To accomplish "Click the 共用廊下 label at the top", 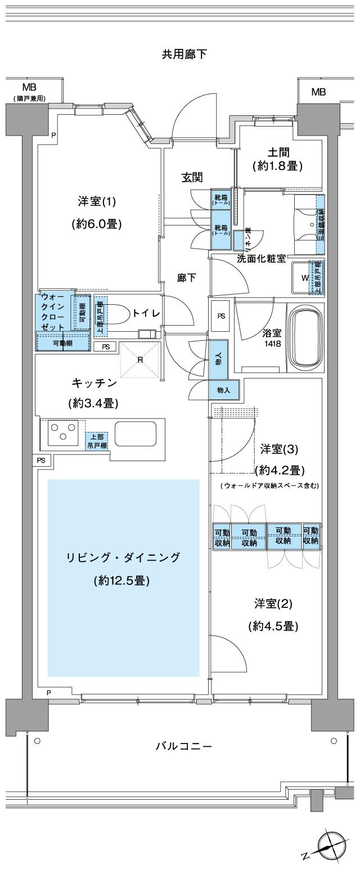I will [184, 54].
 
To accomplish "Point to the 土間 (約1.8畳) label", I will [278, 159].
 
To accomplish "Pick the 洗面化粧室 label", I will [262, 258].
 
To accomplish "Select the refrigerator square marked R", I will [138, 360].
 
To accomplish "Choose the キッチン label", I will [94, 383].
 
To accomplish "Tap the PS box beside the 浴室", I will [221, 315].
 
